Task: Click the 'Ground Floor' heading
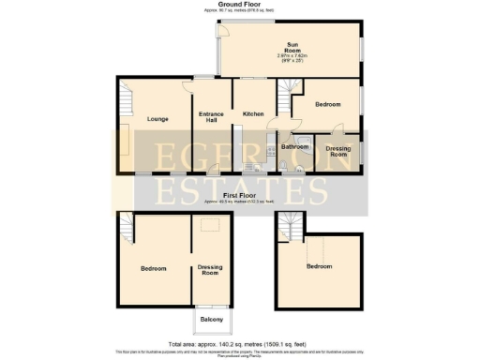click(239, 5)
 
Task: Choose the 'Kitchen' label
click(253, 113)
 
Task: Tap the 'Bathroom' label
click(295, 147)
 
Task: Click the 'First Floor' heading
click(239, 194)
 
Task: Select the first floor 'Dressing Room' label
click(210, 272)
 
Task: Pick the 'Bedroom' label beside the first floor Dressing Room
click(153, 269)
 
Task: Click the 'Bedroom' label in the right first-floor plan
click(319, 266)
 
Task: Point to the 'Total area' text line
click(239, 344)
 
